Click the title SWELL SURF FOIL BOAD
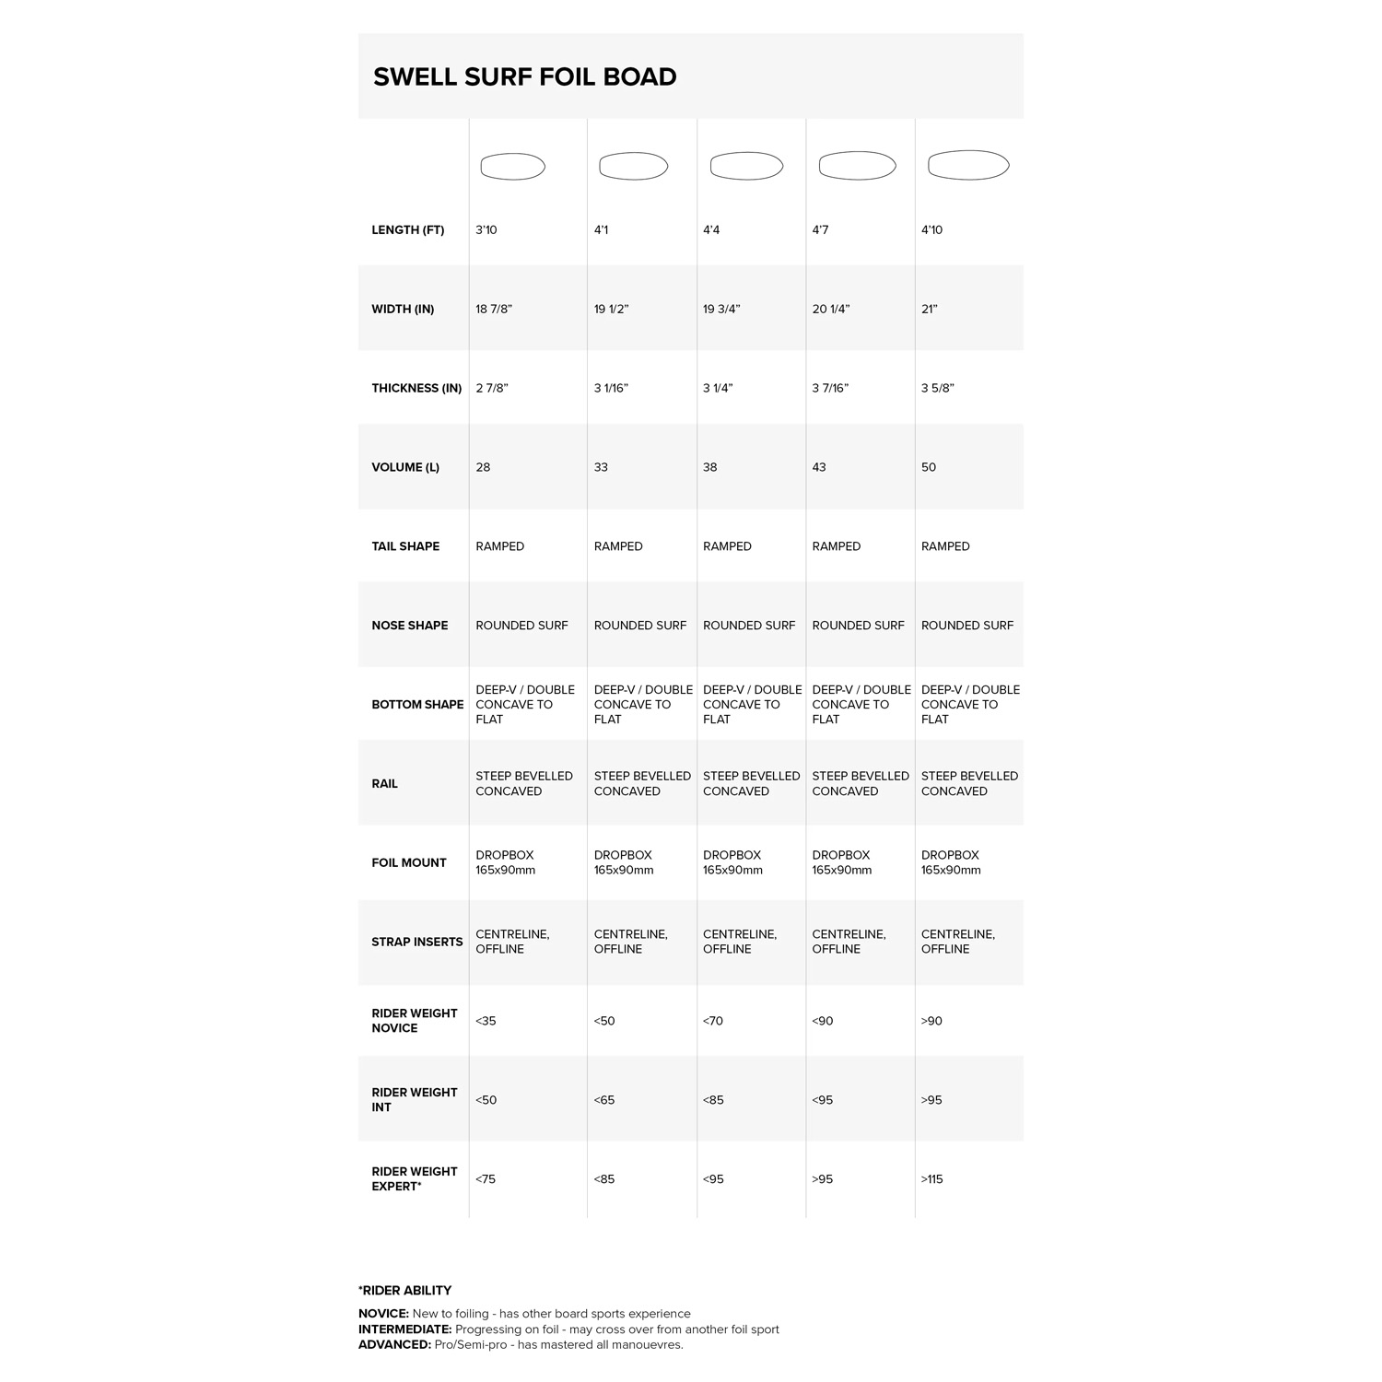[524, 76]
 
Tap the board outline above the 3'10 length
[512, 167]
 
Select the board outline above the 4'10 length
[968, 166]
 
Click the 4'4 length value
[711, 230]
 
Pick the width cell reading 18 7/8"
[494, 310]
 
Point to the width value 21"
[930, 310]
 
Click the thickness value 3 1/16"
[611, 389]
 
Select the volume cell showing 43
[819, 468]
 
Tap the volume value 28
[483, 468]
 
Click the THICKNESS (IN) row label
[416, 389]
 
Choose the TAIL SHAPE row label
[405, 546]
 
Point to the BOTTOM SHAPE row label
[417, 705]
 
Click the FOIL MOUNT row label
[409, 863]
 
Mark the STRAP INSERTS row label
[416, 943]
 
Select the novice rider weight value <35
[486, 1022]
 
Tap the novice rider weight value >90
[931, 1022]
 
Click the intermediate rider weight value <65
[604, 1101]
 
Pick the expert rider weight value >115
[932, 1179]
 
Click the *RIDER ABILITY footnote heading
[404, 1291]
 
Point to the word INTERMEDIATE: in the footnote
[405, 1329]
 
